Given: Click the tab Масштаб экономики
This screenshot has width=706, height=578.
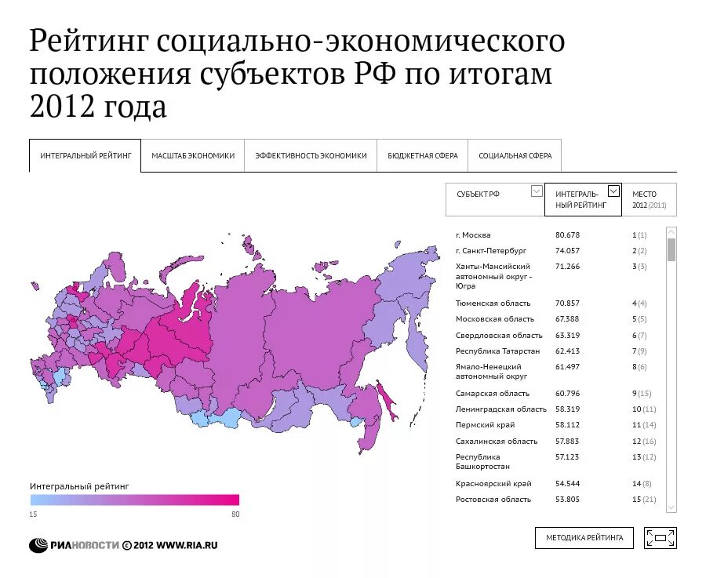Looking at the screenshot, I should coord(193,155).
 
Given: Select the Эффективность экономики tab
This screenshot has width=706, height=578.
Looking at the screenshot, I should coord(311,155).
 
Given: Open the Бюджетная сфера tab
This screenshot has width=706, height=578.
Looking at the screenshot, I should coord(422,155).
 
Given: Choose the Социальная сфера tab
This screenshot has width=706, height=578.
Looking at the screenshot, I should coord(515,155).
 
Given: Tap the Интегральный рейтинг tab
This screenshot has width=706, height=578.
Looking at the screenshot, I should coord(86,155).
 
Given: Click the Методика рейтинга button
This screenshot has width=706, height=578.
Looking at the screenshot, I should coord(584,537).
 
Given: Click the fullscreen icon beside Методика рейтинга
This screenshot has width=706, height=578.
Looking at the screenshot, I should coord(660,537).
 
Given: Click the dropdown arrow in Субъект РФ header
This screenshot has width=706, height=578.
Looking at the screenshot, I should coord(537,191).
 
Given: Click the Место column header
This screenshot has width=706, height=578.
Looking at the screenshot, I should coord(650,199).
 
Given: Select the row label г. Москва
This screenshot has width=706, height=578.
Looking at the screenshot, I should coord(473,235).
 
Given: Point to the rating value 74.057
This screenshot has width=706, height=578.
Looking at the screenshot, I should coord(567,251).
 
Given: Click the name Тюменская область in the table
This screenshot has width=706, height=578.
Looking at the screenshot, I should coord(493,304).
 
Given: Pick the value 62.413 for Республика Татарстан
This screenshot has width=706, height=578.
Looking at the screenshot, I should coord(567,351).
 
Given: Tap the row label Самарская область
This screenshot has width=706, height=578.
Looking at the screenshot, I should coord(492,394).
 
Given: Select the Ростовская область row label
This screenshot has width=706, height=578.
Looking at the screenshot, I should coord(493,500).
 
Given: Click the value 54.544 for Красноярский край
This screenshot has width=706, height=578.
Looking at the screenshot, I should coord(567,484).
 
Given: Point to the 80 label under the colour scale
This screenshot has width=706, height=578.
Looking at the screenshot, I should coord(235,514).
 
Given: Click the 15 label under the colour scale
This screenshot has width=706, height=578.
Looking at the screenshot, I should coord(34,514).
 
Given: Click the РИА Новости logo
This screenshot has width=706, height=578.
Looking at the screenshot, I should coord(75,545).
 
